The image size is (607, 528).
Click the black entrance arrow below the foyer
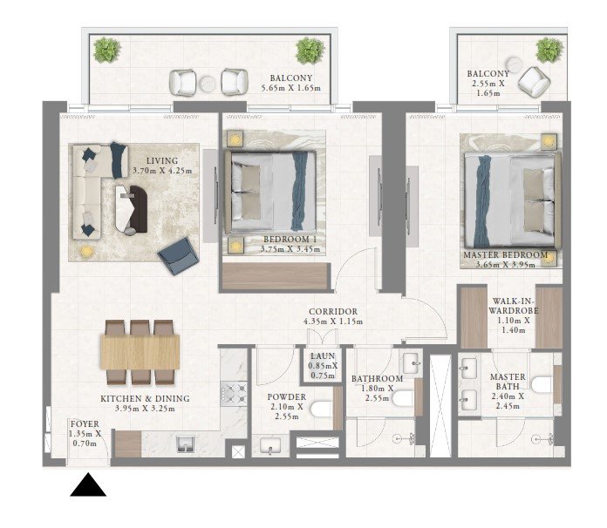(88, 485)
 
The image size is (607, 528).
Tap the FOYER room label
(85, 424)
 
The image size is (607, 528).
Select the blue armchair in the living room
(178, 256)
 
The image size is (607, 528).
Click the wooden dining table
(140, 352)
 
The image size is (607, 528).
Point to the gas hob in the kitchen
(234, 394)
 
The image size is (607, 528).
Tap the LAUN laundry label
(323, 355)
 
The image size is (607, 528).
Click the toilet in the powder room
(321, 410)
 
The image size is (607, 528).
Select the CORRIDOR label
(333, 311)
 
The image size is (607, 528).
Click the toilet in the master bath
(542, 384)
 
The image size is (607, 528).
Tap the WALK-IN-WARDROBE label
(514, 306)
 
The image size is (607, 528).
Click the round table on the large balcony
(208, 84)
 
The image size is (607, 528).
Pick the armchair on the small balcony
(534, 82)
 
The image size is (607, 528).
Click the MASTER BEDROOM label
(506, 255)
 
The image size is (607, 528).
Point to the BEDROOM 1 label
(290, 240)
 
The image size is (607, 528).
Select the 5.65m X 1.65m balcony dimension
(290, 88)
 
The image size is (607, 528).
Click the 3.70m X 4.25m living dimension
(162, 171)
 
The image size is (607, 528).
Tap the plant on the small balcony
(549, 51)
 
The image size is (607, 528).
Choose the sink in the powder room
(269, 446)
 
